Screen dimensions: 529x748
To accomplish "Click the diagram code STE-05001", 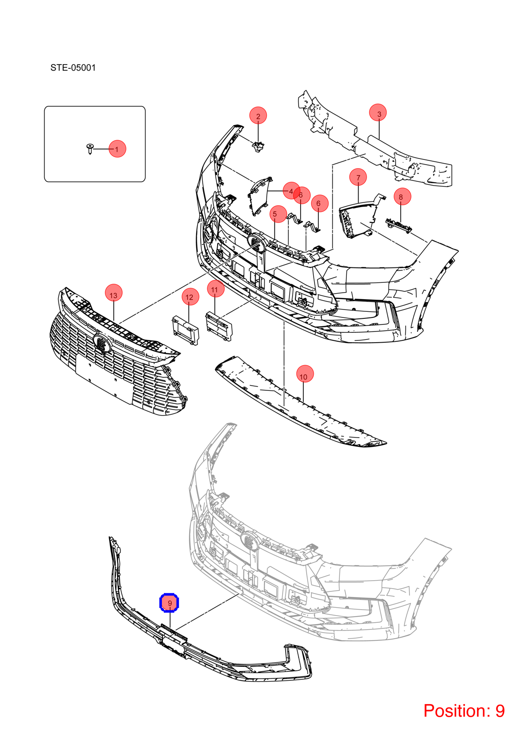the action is coord(73,68).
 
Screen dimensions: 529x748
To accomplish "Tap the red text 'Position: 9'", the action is coord(464,711).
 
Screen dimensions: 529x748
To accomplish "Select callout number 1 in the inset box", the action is coord(118,149).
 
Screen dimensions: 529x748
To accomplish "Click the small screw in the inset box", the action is coord(90,149).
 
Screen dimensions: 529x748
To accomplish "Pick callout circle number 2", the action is coord(258,115).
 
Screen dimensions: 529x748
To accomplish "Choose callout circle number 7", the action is coord(358,177).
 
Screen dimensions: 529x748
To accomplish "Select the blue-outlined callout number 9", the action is coord(169,603).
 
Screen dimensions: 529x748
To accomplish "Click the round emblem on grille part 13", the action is coord(102,342).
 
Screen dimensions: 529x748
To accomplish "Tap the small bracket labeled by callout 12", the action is coord(185,330).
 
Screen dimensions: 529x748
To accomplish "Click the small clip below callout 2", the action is coord(258,147).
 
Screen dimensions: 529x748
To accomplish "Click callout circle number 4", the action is coord(291,191).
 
